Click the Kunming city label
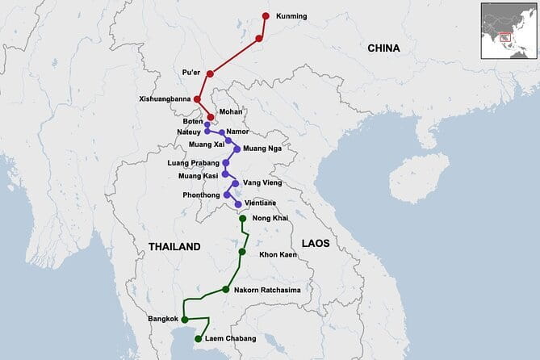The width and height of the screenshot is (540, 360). pos(292,15)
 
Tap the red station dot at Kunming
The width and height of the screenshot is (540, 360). pos(266,15)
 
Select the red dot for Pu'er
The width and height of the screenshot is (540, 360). pos(210,73)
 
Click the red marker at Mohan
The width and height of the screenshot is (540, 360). pos(211,117)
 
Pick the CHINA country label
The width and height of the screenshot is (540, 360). pos(383,48)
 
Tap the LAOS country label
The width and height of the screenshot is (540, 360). pos(316,243)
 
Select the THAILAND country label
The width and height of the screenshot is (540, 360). pos(174,246)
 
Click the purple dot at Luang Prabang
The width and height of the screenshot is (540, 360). pos(225,162)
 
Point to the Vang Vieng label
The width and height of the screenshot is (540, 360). pos(262,183)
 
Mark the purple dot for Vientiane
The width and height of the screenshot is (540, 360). pos(237,204)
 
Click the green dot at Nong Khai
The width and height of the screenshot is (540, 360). pos(242,219)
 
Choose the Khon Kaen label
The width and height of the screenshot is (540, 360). pos(278,255)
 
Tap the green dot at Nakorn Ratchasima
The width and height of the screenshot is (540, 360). pos(226,290)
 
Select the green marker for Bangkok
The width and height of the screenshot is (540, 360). pos(185,320)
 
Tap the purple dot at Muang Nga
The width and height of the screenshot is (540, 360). pos(237,149)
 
